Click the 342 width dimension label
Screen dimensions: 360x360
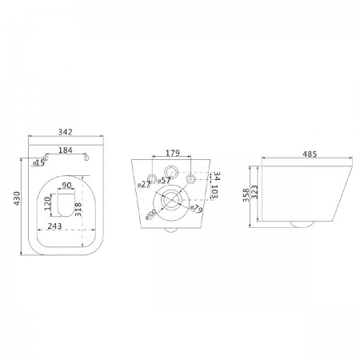pyautogui.click(x=66, y=132)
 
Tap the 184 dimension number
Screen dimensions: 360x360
pyautogui.click(x=66, y=150)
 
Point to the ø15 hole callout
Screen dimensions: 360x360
pyautogui.click(x=39, y=162)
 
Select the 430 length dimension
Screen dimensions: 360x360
pyautogui.click(x=17, y=198)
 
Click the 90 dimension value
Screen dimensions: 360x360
pyautogui.click(x=66, y=185)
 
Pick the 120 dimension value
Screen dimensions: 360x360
pyautogui.click(x=47, y=203)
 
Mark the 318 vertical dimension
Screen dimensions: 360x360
pyautogui.click(x=78, y=210)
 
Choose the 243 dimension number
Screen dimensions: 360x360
pyautogui.click(x=54, y=226)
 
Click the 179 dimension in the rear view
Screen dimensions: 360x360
pyautogui.click(x=173, y=153)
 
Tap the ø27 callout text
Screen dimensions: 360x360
pyautogui.click(x=144, y=184)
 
